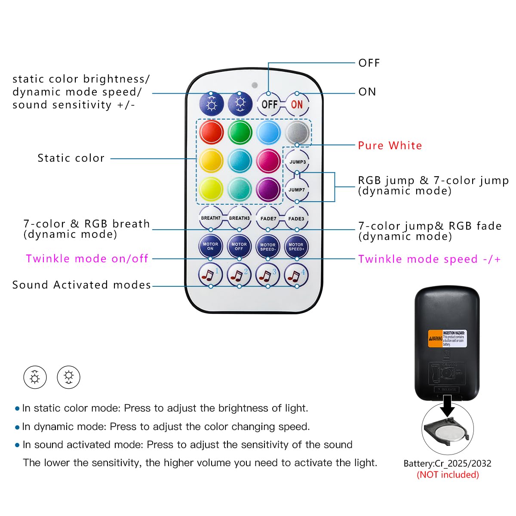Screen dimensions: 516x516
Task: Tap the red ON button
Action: [x=297, y=104]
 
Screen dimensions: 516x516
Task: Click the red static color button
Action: [x=211, y=132]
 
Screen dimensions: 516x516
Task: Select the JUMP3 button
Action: [x=297, y=162]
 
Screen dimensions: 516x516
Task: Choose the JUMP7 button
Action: [x=297, y=190]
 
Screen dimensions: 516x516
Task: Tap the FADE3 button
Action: [x=296, y=218]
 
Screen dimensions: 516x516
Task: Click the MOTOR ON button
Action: [x=210, y=246]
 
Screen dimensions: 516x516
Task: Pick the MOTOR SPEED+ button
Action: [x=296, y=246]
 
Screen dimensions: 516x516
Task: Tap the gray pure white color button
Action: [x=297, y=132]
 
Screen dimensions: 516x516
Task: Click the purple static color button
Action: [x=268, y=189]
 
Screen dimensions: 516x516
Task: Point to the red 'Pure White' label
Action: [x=390, y=145]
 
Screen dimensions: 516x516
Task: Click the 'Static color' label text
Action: [x=71, y=158]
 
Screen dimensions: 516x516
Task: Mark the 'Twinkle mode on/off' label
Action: [x=87, y=258]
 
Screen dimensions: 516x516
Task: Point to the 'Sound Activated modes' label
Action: [x=82, y=285]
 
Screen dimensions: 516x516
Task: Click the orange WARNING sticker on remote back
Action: [x=436, y=338]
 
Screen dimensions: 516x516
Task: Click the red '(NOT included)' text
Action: [x=448, y=475]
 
